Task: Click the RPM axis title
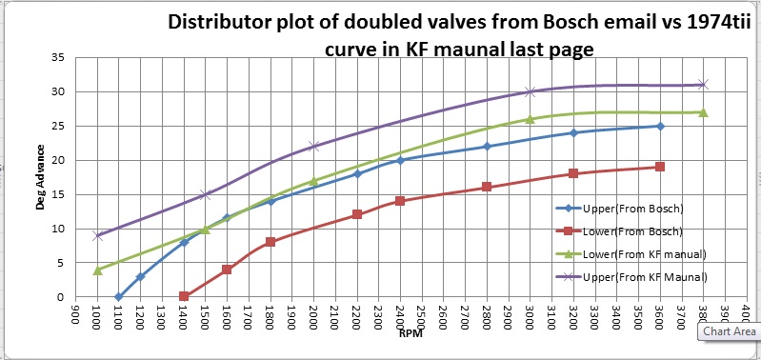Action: (411, 334)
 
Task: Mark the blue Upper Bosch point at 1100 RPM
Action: (119, 297)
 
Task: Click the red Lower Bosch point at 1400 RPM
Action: (184, 297)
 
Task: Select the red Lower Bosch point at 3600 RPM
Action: (660, 167)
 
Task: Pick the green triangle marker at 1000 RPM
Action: (97, 270)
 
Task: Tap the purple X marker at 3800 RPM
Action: (703, 85)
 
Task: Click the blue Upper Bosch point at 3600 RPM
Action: (660, 126)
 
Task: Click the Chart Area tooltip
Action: (729, 331)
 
